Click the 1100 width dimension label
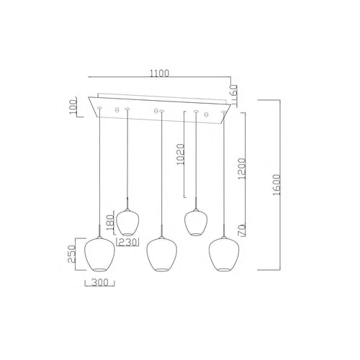(160, 73)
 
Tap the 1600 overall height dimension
(276, 185)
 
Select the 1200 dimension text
(242, 168)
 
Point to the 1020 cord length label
(181, 154)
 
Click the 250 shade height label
(72, 254)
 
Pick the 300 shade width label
(100, 283)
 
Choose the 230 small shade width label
(127, 243)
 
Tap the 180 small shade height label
(110, 222)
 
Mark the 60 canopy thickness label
(233, 91)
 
